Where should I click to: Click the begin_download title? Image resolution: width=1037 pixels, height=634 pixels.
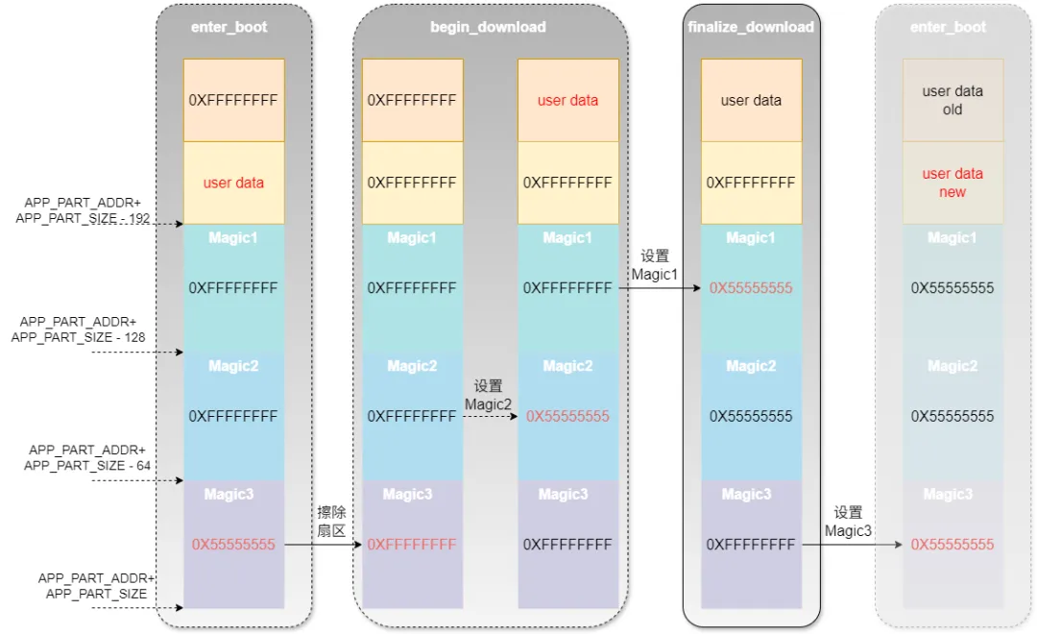pos(488,27)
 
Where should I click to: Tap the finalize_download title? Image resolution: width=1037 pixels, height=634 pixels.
pos(751,27)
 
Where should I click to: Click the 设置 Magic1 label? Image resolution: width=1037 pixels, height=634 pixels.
pos(655,265)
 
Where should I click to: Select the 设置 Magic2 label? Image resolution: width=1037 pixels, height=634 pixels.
pos(488,395)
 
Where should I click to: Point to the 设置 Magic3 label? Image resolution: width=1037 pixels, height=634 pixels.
pos(848,522)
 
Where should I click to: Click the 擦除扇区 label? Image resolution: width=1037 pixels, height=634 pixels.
pos(331,522)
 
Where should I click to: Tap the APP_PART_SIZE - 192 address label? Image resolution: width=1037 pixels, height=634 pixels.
pos(82,211)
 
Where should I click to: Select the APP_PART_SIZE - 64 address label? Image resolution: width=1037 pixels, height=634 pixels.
pos(86,457)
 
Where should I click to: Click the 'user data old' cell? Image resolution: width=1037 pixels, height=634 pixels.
pos(953,100)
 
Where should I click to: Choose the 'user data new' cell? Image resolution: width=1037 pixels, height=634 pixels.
pos(953,183)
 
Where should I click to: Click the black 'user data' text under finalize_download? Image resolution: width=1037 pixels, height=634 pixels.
pos(751,100)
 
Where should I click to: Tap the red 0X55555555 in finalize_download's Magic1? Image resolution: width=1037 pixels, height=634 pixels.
pos(751,288)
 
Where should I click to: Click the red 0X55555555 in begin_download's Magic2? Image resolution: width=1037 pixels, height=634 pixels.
pos(567,417)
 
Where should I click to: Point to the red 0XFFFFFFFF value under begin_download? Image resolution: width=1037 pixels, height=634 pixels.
pos(412,545)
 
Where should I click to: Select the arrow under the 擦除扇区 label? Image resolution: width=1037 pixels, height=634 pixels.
pos(323,545)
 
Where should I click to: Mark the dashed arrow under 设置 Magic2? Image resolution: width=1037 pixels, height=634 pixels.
pos(490,417)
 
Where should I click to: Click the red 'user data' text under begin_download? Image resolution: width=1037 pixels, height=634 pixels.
pos(567,100)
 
